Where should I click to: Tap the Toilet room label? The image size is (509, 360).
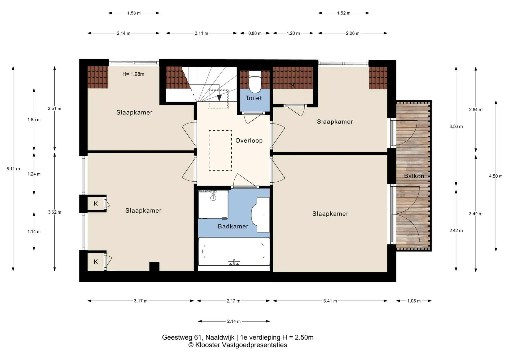click(x=253, y=98)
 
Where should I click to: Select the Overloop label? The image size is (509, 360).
click(x=249, y=141)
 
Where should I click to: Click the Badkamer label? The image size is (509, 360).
click(x=233, y=226)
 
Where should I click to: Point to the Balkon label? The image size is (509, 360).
click(x=414, y=176)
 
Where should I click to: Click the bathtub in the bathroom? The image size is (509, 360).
click(x=234, y=252)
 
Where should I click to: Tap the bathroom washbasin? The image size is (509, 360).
click(x=260, y=215)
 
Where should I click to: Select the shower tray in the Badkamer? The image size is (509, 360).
click(x=213, y=204)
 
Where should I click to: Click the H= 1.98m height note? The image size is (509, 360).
click(x=133, y=74)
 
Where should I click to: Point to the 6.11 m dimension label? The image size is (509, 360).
click(x=13, y=169)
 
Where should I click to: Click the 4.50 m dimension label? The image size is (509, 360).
click(x=496, y=176)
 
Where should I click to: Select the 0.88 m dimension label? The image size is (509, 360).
click(x=255, y=33)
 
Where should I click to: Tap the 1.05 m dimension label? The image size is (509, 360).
click(x=414, y=301)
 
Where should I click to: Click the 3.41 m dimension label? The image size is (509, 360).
click(x=330, y=301)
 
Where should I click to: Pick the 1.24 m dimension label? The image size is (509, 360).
click(x=34, y=174)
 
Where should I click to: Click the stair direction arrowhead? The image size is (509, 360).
click(x=219, y=98)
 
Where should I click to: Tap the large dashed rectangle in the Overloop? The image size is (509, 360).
click(x=220, y=150)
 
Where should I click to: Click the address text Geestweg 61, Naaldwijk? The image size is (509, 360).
click(x=198, y=337)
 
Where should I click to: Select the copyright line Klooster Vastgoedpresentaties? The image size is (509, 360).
click(x=238, y=345)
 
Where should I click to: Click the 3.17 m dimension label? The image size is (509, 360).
click(x=141, y=301)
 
